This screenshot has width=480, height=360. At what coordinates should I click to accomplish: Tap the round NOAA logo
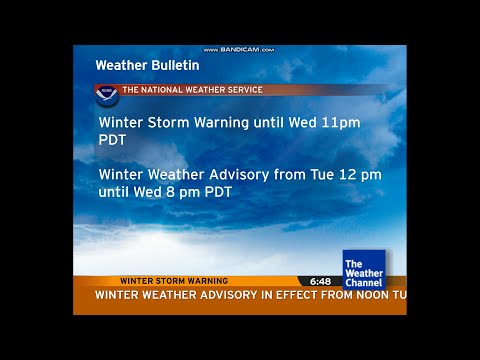[107, 95]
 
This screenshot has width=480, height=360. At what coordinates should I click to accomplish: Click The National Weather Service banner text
[192, 90]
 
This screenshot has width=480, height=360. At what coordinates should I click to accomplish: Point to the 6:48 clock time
[320, 281]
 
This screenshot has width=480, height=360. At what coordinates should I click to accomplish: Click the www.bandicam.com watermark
[239, 49]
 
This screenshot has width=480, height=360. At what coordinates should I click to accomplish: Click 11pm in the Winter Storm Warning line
[339, 122]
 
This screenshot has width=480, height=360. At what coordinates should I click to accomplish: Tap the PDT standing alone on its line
[112, 140]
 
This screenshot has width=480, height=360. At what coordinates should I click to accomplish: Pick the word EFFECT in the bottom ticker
[285, 295]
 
